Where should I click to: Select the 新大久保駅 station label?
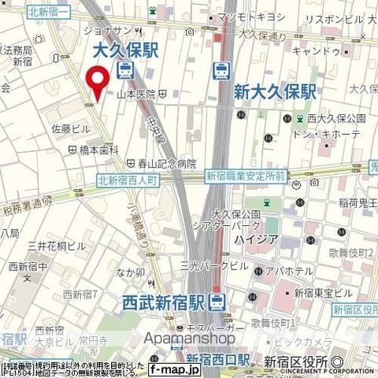coord(275,92)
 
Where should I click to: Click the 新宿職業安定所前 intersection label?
coord(245,177)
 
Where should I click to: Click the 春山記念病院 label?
coord(169,165)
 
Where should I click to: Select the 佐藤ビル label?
coord(72,128)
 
